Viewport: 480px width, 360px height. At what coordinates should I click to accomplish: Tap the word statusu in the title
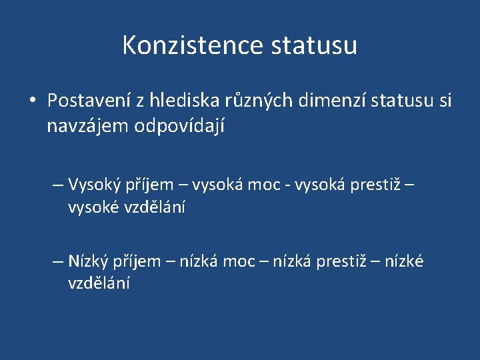pyautogui.click(x=314, y=45)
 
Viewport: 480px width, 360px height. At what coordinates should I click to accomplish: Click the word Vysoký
pyautogui.click(x=93, y=185)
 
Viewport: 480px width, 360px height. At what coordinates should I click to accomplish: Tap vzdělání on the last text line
pyautogui.click(x=99, y=283)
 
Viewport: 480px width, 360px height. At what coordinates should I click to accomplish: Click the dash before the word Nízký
pyautogui.click(x=59, y=261)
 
